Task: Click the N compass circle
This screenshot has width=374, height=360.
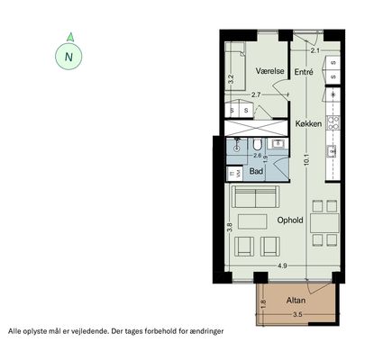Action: (68, 57)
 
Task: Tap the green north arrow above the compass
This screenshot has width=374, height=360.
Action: (70, 37)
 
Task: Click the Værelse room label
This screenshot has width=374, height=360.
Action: (270, 71)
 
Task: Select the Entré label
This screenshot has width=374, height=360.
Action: (304, 72)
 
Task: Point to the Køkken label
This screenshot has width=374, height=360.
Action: (308, 123)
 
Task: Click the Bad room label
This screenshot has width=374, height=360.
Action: (256, 171)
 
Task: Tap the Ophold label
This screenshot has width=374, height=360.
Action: (290, 220)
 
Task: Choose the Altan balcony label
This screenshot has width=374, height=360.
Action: (296, 301)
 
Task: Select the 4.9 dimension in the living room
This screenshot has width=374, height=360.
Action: (282, 265)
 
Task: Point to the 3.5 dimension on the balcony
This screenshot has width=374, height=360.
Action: (297, 315)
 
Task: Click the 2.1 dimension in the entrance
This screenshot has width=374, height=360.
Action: (315, 50)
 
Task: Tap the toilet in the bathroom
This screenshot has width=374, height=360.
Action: (257, 144)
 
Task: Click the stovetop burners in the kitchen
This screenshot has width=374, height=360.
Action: (333, 122)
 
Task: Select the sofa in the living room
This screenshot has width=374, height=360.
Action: (255, 197)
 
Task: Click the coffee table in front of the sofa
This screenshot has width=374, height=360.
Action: (252, 221)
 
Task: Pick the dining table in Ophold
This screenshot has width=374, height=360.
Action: (324, 223)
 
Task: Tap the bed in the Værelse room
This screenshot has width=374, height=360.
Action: (235, 67)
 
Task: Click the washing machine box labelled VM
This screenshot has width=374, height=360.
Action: (234, 173)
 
